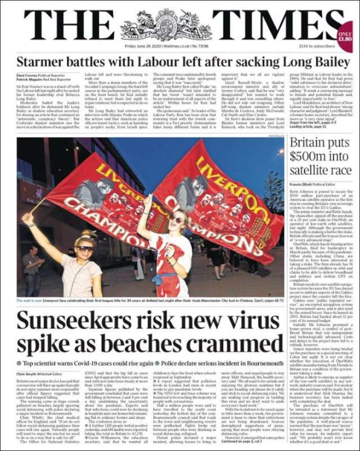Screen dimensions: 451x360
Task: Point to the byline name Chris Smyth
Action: (29, 373)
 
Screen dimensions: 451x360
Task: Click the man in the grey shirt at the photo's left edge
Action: (31, 270)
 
